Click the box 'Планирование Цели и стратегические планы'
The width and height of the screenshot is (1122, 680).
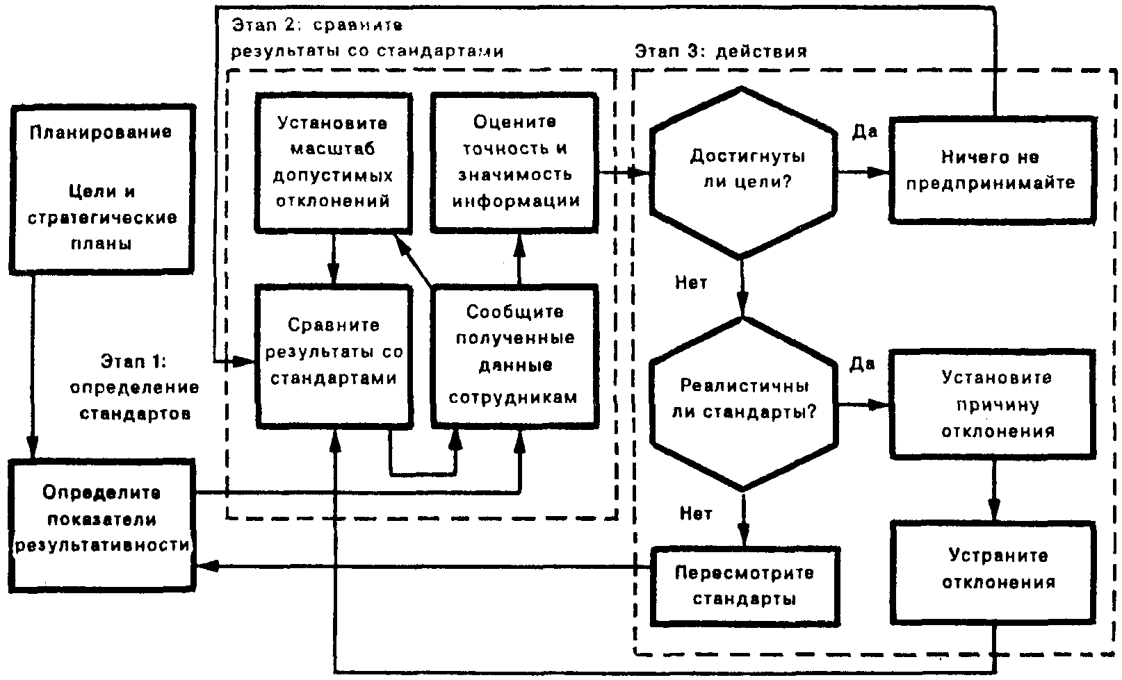(101, 188)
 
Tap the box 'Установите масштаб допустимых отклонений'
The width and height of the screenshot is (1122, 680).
(333, 162)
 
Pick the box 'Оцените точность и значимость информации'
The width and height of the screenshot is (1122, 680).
(515, 162)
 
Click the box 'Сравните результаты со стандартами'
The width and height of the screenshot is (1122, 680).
(333, 353)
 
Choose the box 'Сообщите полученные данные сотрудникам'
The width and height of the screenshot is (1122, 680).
(515, 354)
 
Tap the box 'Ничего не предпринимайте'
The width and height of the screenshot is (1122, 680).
(991, 171)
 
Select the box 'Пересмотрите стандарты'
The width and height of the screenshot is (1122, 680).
(745, 585)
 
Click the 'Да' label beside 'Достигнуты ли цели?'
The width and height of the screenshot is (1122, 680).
(865, 132)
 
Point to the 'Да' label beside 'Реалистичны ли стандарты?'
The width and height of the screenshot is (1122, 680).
(863, 365)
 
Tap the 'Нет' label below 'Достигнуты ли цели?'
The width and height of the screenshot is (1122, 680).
(692, 283)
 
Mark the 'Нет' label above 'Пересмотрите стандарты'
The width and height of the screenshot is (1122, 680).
(696, 513)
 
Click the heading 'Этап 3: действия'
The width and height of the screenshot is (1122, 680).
(720, 51)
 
